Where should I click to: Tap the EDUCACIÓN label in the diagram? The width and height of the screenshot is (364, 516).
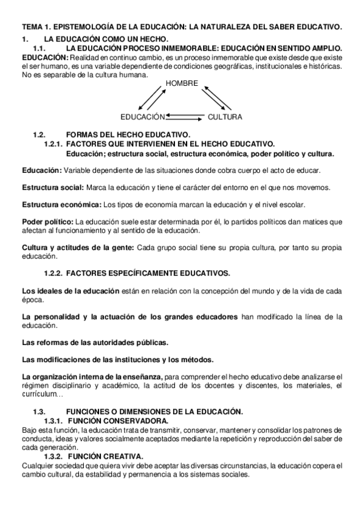(x=143, y=116)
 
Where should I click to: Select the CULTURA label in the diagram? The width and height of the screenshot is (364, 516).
(x=225, y=116)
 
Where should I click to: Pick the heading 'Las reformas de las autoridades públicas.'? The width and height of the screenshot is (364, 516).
(x=95, y=343)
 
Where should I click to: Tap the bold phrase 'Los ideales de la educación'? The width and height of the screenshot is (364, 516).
(x=70, y=291)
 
